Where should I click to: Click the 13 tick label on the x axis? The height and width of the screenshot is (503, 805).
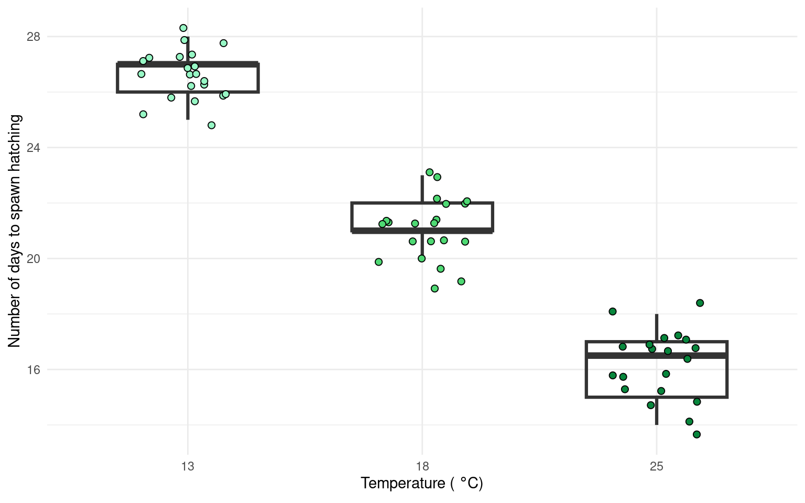pos(188,466)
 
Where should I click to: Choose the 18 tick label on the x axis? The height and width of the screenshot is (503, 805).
pos(422,466)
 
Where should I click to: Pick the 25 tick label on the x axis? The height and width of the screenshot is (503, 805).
pos(656,466)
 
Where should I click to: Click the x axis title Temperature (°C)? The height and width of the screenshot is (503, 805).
pos(422,483)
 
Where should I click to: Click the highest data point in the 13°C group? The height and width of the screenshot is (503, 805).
pos(183,28)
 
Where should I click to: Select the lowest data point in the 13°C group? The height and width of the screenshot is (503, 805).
pos(212,125)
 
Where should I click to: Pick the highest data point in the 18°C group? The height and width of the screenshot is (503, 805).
pos(430,172)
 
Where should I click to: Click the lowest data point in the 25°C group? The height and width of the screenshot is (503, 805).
pos(697,434)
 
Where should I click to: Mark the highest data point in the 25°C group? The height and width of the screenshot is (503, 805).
pos(700,303)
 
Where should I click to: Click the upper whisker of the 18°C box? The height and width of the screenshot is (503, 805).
pos(422,189)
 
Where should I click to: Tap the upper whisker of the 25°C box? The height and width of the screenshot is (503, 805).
pos(656,327)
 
